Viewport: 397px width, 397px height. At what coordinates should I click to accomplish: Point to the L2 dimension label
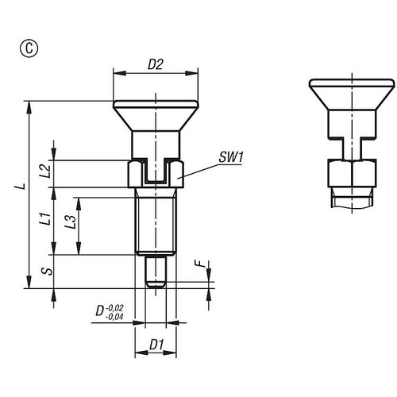click(x=45, y=168)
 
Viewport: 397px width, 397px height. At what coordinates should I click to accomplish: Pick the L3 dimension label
click(x=71, y=222)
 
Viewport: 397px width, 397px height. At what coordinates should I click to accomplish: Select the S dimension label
click(x=46, y=272)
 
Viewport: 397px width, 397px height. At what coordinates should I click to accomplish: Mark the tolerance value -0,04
click(x=116, y=317)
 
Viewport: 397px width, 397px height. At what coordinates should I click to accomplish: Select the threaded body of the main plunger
click(x=156, y=222)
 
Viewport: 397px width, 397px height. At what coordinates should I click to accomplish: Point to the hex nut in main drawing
click(x=156, y=174)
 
